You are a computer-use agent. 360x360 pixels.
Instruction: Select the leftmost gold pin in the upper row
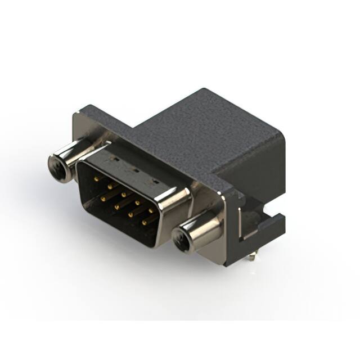click(x=97, y=178)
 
